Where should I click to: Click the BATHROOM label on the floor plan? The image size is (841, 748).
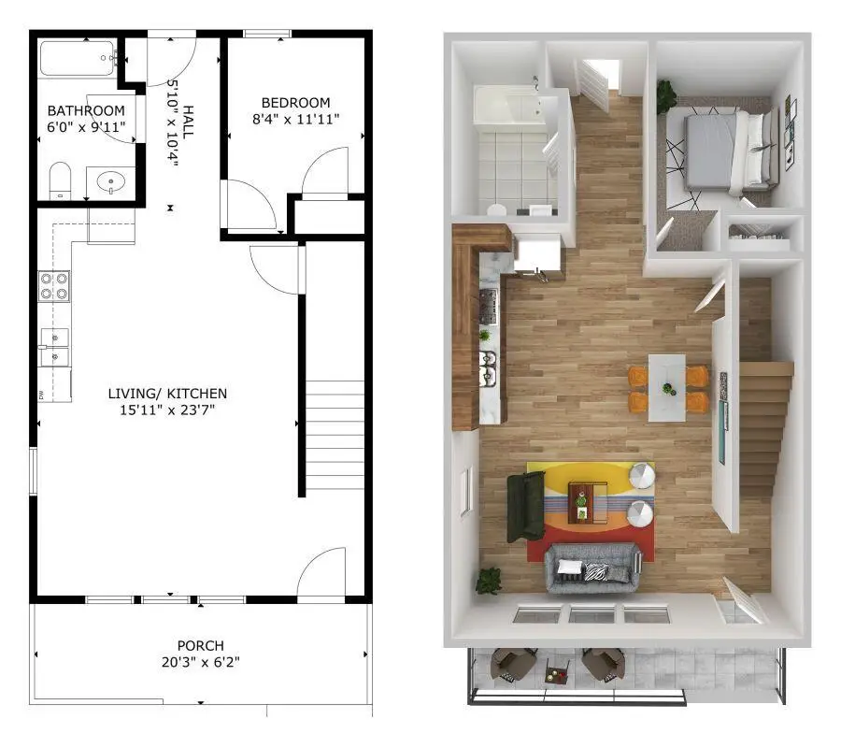click(85, 110)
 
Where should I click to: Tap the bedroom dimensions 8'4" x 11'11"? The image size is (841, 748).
click(295, 119)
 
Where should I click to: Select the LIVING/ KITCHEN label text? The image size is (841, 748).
click(167, 394)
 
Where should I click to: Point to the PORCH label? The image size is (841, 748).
click(200, 645)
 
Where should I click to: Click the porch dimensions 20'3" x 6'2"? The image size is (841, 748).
click(200, 662)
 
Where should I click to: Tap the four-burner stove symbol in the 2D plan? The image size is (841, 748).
click(53, 285)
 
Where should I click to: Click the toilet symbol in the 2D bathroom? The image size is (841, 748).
click(61, 180)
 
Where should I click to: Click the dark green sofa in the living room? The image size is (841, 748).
click(525, 507)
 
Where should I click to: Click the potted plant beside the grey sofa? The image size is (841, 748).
click(488, 581)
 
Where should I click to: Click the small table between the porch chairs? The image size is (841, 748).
click(557, 670)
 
